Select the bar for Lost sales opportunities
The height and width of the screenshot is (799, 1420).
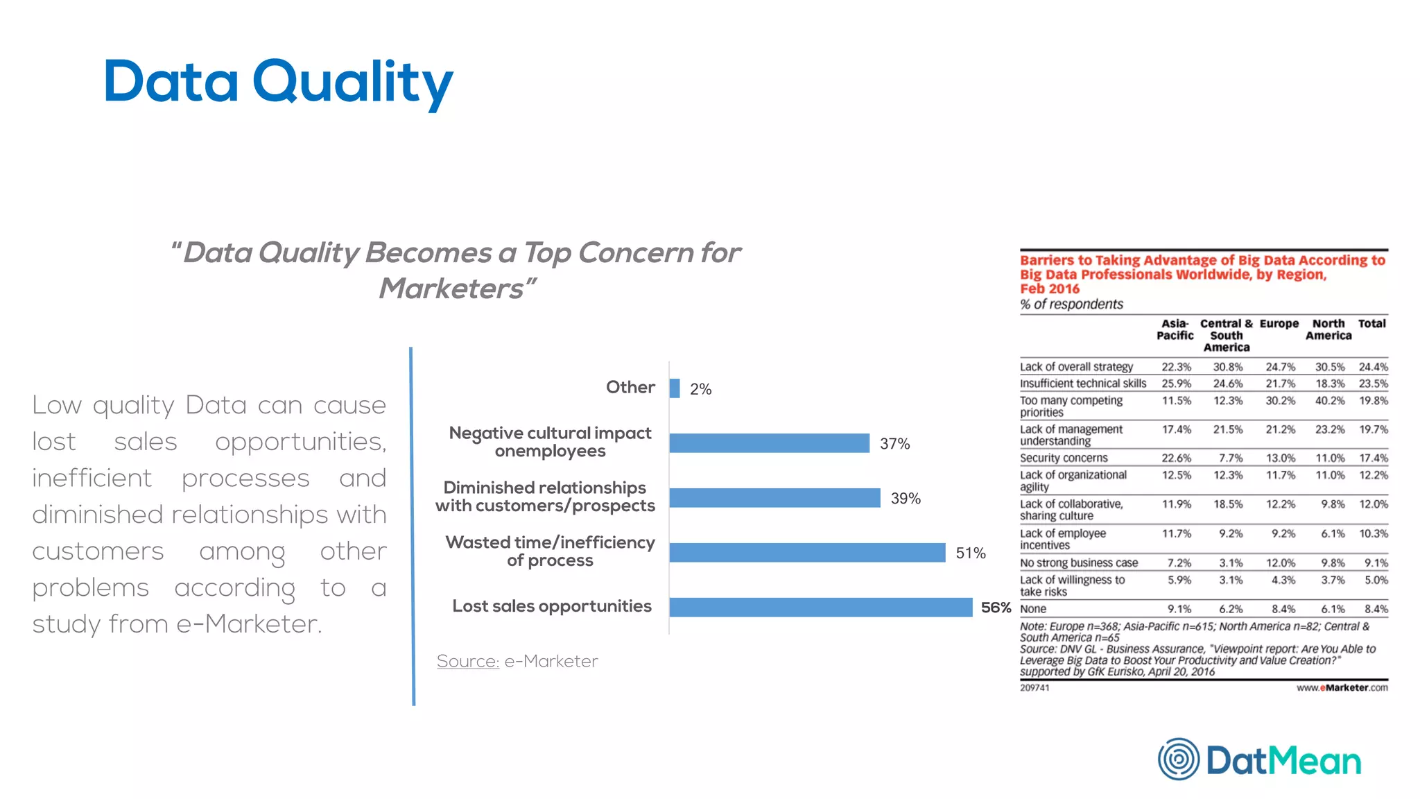click(820, 607)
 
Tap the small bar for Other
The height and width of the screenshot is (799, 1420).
click(675, 388)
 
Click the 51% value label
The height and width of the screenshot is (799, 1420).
click(970, 553)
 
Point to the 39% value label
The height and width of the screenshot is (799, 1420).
click(906, 498)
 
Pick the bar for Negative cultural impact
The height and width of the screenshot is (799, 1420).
click(769, 443)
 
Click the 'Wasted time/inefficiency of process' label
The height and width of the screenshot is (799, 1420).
click(550, 551)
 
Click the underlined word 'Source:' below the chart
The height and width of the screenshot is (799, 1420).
click(468, 661)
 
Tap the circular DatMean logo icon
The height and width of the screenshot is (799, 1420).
click(1178, 759)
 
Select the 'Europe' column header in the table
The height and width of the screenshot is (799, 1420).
click(1279, 324)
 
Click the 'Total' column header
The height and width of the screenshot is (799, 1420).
click(1371, 324)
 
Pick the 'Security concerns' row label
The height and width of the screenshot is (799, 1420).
click(1064, 458)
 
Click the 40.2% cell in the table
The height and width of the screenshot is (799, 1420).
click(1329, 401)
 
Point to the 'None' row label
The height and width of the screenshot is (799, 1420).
click(1033, 609)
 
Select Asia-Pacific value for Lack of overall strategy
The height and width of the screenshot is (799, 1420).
click(1177, 367)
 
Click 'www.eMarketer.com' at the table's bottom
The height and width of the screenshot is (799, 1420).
click(1342, 688)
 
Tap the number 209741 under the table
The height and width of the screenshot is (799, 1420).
click(1034, 688)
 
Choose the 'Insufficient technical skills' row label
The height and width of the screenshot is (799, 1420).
click(1083, 384)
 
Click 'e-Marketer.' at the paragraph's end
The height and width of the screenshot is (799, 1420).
click(249, 624)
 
